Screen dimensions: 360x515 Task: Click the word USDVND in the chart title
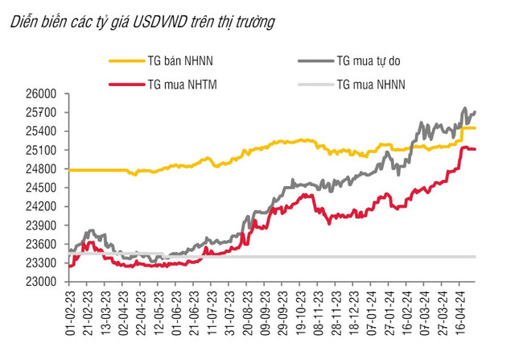(163, 23)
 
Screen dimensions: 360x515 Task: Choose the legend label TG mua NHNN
(371, 83)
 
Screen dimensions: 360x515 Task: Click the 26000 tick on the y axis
(39, 94)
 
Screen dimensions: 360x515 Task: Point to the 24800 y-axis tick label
(39, 169)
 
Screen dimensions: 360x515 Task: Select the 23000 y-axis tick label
(39, 282)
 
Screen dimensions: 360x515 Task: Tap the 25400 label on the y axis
(39, 131)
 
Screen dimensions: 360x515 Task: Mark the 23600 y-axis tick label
(39, 244)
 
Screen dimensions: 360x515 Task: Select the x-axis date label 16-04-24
(460, 312)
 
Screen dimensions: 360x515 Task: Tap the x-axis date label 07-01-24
(372, 312)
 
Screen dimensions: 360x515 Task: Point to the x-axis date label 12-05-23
(160, 312)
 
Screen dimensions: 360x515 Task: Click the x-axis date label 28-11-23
(336, 312)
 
